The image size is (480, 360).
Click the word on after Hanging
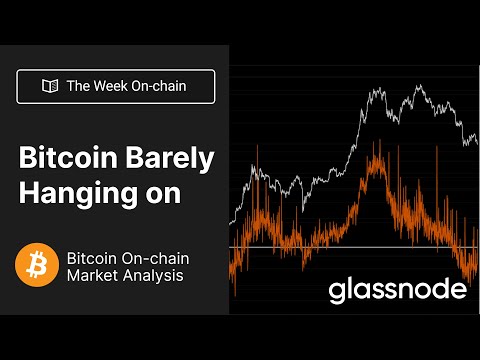[160, 194]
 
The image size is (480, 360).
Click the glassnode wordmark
[398, 291]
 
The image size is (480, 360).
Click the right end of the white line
[477, 144]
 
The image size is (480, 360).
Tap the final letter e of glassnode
[459, 291]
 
